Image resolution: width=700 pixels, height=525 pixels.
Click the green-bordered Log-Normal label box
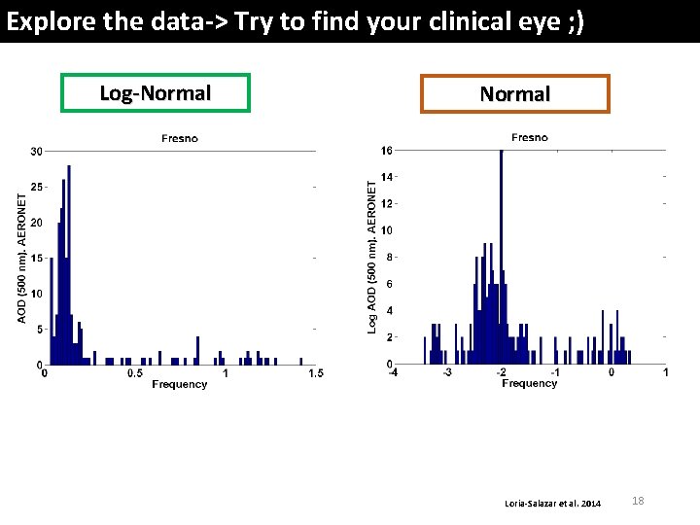[x=156, y=93]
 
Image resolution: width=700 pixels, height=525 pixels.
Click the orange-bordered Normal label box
[x=514, y=94]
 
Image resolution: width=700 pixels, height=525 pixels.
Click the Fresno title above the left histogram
[x=179, y=139]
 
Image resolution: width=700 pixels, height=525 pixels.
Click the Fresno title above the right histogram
[x=529, y=138]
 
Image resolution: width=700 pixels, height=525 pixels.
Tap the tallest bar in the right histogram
[x=501, y=253]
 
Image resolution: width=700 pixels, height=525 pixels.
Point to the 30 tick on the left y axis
[x=36, y=152]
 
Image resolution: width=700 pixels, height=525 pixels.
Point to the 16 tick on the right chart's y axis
[x=386, y=151]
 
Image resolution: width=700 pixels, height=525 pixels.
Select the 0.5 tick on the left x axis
[x=134, y=373]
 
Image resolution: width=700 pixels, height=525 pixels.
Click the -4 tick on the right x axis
[x=392, y=372]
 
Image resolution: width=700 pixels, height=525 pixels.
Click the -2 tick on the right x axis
[x=501, y=372]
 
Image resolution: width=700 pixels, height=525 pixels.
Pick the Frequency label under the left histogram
[x=179, y=385]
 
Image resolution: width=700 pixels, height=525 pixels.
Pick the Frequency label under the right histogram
[x=529, y=384]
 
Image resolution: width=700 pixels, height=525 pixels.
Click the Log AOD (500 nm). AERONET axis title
[x=372, y=256]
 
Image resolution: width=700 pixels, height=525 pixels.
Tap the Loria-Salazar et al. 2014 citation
[x=553, y=503]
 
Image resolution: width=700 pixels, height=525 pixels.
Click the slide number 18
[x=638, y=501]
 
